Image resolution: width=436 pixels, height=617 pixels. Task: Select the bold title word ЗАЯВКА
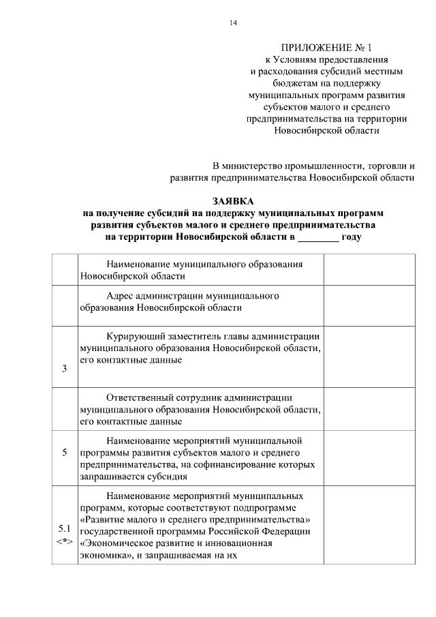232,201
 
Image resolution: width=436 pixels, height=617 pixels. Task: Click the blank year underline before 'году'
318,237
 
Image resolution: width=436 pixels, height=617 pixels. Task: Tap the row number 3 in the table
64,369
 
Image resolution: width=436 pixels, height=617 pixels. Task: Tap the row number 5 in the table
64,452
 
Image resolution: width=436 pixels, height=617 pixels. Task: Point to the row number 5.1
64,528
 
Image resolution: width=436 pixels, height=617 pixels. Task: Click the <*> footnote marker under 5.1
64,541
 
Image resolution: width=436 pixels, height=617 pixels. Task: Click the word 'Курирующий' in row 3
137,335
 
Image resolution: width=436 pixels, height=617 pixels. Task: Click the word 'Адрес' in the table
120,296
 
